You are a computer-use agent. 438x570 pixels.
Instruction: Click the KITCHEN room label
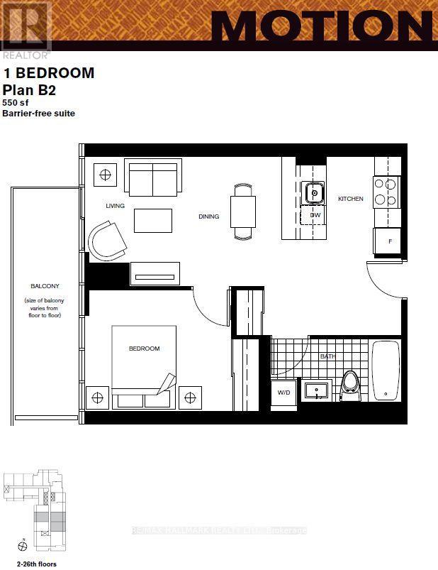(350, 199)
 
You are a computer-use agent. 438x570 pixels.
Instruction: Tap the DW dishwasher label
(314, 214)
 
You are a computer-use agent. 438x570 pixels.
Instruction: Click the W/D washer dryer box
(283, 393)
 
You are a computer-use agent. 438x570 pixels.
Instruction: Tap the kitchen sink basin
(313, 192)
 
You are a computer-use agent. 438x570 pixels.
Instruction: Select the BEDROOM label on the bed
(144, 349)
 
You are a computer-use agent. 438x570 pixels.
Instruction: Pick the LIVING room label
(115, 206)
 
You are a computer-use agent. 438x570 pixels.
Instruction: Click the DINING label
(208, 217)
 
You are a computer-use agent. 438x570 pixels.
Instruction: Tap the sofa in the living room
(152, 177)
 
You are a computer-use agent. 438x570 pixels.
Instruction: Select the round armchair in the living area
(107, 240)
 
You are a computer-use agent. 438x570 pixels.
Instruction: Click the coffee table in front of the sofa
(153, 220)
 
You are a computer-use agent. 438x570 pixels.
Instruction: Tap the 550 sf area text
(16, 102)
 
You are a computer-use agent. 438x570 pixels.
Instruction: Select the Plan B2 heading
(29, 89)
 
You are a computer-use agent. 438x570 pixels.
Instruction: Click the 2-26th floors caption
(29, 564)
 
